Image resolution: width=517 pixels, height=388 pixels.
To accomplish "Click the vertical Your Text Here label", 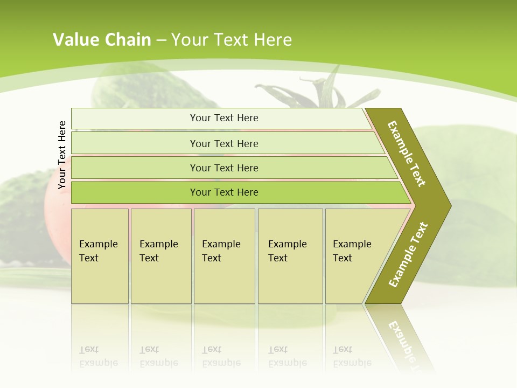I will pos(62,155).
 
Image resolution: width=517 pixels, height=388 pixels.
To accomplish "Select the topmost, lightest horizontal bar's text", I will pos(224,118).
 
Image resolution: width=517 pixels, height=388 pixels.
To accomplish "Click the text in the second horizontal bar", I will pos(224,144).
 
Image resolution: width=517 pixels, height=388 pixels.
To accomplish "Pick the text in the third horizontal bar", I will pos(224,168).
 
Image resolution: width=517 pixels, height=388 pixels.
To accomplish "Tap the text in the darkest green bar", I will pos(224,192).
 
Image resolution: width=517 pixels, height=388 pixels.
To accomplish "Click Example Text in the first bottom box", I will pos(98,251).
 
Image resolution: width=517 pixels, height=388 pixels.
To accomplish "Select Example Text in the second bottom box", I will pos(158,251).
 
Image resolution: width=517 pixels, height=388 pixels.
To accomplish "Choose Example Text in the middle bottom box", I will pos(221,251).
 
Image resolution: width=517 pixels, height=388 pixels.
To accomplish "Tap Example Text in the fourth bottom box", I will pos(287,251).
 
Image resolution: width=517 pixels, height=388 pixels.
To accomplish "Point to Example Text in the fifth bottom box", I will pos(352,251).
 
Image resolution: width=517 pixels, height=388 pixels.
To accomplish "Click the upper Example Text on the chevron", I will pos(407,154).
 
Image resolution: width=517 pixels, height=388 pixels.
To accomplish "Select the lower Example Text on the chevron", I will pos(408,255).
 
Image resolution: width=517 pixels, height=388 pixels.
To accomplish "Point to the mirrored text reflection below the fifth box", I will pos(352,356).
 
